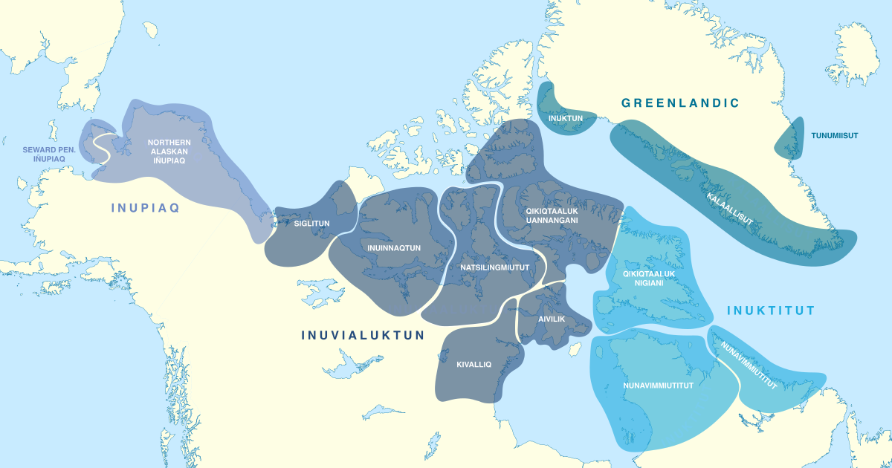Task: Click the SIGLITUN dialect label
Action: (311, 223)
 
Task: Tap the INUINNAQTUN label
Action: (394, 247)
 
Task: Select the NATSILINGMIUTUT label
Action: (494, 267)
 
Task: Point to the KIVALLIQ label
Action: (474, 364)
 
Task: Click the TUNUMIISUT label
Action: (834, 135)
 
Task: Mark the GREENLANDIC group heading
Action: (680, 103)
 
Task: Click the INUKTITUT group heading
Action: (771, 311)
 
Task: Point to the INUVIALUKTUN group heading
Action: (363, 335)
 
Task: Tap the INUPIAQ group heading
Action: (146, 208)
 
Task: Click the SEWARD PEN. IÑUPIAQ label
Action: (49, 154)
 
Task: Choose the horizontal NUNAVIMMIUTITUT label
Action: (657, 386)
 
